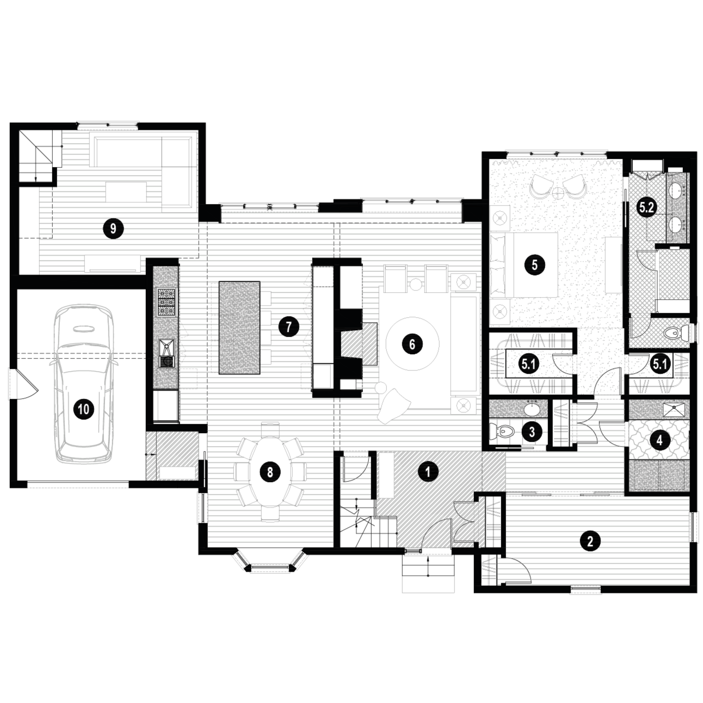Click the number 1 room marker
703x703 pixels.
coord(428,472)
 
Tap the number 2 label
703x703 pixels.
coord(589,541)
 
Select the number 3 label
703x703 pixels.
coord(532,433)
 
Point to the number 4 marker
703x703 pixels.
coord(659,440)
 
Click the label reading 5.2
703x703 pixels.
coord(646,207)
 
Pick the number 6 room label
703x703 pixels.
coord(412,344)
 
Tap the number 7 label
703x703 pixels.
coord(288,327)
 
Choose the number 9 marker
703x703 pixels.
coord(113,228)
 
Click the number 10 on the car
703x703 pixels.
coord(83,408)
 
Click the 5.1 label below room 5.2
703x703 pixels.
coord(659,364)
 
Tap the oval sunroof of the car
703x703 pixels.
coord(83,328)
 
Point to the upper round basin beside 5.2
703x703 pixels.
coord(677,190)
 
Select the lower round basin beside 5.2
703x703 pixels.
coord(677,224)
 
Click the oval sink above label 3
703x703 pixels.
coord(531,408)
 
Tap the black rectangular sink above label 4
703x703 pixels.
coord(674,409)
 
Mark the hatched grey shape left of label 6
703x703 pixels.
coord(359,344)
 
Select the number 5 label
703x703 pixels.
coord(534,265)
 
